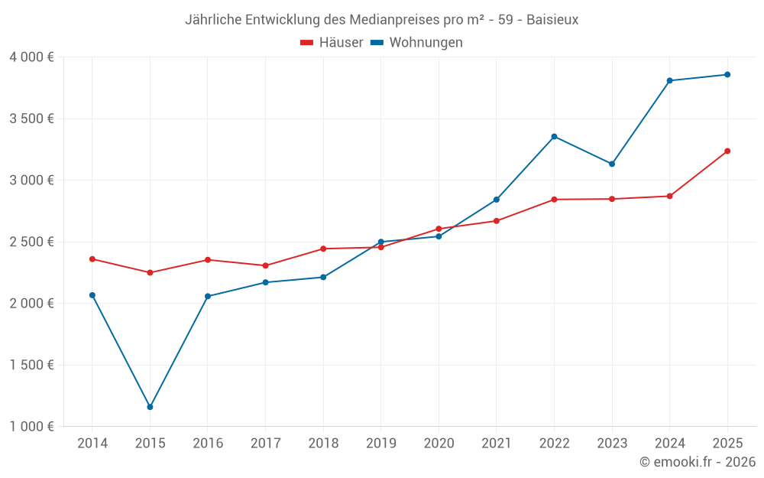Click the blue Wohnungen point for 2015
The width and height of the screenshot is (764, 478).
150,407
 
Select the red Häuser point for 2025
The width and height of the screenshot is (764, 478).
727,151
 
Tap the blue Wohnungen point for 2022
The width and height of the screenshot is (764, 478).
554,137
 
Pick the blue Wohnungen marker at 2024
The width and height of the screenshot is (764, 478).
669,80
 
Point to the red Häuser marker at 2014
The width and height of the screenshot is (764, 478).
92,259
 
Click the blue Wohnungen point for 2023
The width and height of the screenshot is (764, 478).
612,164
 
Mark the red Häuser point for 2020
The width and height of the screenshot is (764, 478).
439,229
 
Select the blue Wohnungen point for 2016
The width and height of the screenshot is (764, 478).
208,296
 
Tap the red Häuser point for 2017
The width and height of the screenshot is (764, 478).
265,265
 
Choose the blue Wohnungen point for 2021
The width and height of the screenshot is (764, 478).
497,200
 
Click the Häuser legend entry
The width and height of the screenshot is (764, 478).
332,43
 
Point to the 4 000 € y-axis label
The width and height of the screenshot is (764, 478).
31,57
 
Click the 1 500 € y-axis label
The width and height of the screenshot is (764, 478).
31,365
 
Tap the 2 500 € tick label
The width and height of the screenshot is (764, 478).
31,242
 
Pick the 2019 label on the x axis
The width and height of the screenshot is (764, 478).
380,444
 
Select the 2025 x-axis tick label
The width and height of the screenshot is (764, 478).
727,444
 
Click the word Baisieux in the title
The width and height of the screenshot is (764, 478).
552,20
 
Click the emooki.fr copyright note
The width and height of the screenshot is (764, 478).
697,462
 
